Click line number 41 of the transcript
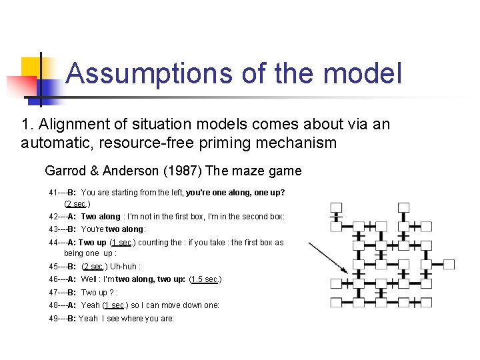click(54, 193)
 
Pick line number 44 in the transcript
click(54, 243)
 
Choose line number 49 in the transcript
click(54, 319)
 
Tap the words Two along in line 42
click(101, 217)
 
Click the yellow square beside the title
click(31, 66)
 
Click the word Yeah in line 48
click(91, 305)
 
